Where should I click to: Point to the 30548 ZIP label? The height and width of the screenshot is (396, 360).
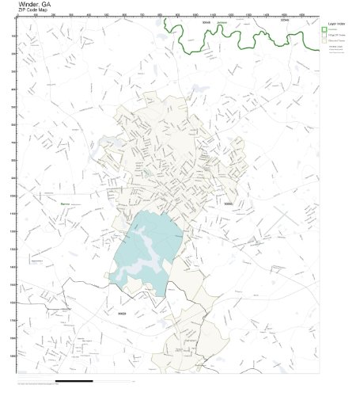pos(207,23)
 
